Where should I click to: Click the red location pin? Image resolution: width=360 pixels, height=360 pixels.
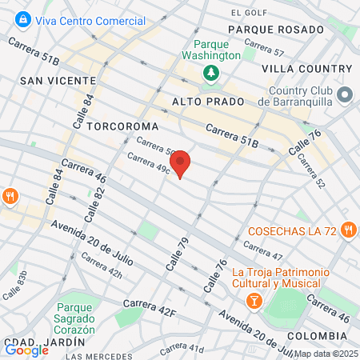(181, 163)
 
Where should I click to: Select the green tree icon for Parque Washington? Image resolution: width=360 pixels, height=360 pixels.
(211, 74)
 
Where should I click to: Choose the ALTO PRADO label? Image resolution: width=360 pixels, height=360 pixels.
(202, 102)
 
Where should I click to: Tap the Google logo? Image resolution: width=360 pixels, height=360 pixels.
(26, 349)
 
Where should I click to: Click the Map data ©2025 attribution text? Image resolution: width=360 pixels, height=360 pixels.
(326, 353)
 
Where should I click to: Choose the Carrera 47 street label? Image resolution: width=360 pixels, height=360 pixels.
(266, 252)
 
